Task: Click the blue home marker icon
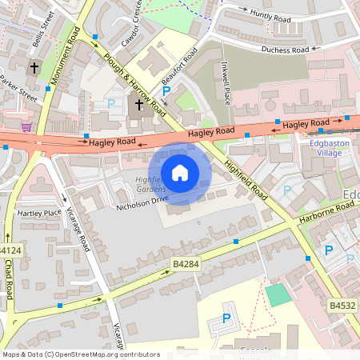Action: (x=180, y=173)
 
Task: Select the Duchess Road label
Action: (x=284, y=50)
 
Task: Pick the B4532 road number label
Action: (x=342, y=305)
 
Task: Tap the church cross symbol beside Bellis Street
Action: (x=34, y=68)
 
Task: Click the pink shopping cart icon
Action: (x=26, y=126)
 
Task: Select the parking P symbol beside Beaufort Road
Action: (x=166, y=92)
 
